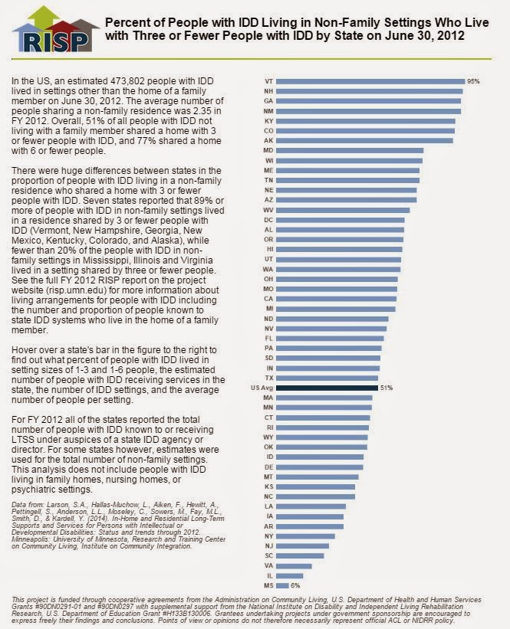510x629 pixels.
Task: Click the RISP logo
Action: click(55, 30)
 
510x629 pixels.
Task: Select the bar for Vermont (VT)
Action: click(370, 81)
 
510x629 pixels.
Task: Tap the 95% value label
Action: click(473, 81)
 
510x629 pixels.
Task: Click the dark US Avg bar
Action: click(327, 388)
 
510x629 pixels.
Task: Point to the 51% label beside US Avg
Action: click(387, 388)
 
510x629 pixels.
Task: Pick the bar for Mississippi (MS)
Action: click(282, 585)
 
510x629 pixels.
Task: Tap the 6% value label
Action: click(295, 585)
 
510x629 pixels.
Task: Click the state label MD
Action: click(268, 150)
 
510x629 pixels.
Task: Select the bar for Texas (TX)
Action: click(327, 378)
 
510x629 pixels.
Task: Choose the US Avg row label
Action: click(262, 388)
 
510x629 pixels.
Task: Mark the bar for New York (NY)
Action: click(305, 536)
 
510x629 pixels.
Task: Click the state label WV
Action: click(268, 210)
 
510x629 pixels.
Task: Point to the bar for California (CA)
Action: click(336, 299)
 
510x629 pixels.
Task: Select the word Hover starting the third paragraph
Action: click(24, 350)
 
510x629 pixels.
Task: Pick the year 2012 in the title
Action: click(451, 35)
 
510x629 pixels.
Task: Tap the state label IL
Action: click(270, 575)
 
